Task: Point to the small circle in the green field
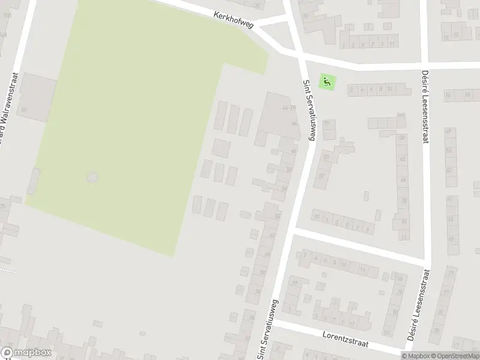click(92, 178)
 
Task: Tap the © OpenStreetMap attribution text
click(454, 356)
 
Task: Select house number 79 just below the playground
click(326, 124)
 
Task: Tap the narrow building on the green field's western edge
click(34, 181)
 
